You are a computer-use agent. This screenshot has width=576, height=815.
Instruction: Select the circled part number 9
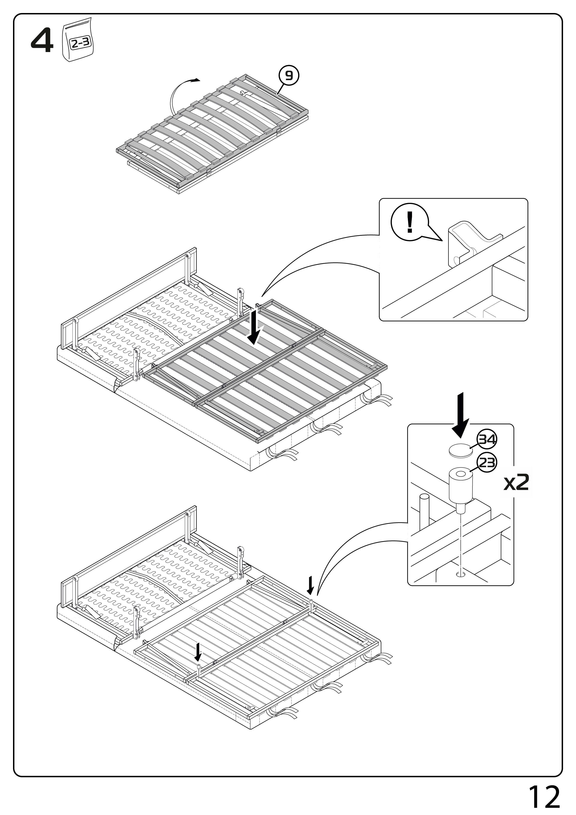289,75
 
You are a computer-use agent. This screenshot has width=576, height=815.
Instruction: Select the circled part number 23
487,463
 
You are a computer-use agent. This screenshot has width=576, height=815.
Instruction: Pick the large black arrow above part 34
460,416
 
